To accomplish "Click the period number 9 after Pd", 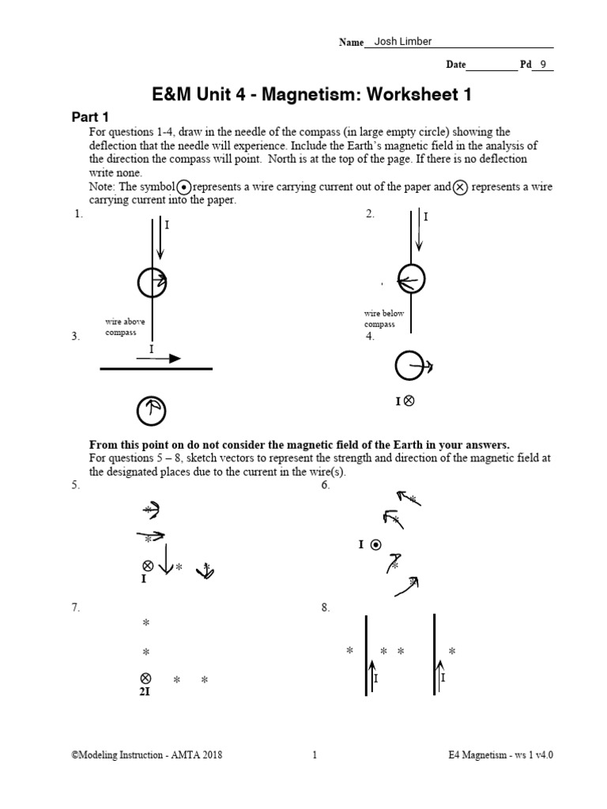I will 542,65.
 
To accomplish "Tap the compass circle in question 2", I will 411,279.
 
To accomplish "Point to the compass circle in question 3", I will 150,409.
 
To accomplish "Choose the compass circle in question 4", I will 409,365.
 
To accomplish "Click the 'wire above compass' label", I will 125,327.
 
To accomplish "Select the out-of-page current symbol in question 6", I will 376,544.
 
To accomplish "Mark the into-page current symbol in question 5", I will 146,566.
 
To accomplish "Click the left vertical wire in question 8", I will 365,656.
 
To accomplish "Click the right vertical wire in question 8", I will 434,656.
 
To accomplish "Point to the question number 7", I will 76,608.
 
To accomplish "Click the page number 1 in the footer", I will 315,754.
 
